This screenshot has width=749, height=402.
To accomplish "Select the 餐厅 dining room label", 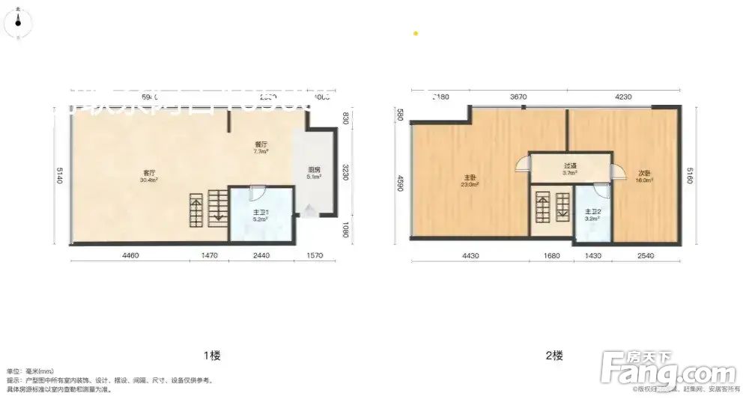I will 261,144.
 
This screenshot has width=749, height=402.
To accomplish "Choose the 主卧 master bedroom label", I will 470,178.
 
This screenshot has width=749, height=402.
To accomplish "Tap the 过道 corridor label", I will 569,166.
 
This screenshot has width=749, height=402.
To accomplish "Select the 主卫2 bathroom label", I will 592,212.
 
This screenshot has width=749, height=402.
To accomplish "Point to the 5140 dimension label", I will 59,177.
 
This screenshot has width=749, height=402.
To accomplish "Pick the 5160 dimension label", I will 688,177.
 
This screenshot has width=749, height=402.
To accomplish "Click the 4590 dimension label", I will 401,183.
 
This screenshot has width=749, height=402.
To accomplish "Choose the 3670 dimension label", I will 519,97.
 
